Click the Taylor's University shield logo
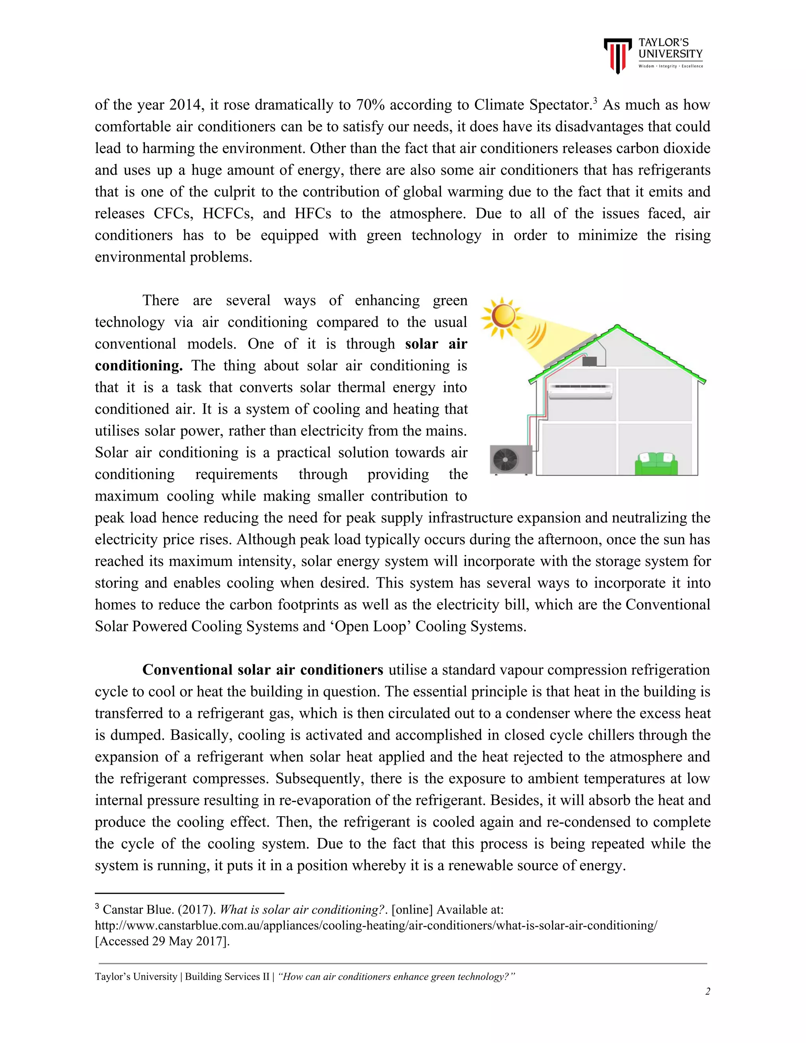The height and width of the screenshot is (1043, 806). tap(617, 55)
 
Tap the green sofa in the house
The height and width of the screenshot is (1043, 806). tap(656, 464)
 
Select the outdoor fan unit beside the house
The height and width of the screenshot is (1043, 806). tap(511, 459)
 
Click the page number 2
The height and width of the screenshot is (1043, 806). tap(707, 991)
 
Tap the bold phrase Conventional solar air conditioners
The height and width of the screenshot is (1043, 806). tap(263, 669)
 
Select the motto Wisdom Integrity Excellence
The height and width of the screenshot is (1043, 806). tap(670, 67)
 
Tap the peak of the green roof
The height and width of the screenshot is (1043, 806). tap(617, 327)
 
